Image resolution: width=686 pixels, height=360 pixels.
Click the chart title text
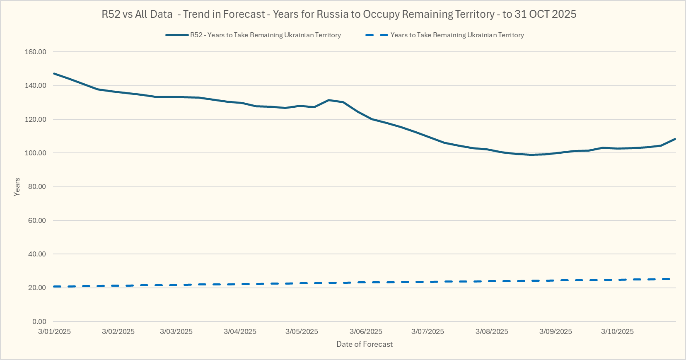(x=339, y=14)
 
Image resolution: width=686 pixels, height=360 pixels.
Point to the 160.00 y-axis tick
(x=36, y=52)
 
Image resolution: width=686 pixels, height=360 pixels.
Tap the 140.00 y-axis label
(x=36, y=86)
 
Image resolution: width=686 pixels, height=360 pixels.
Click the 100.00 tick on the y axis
(x=36, y=153)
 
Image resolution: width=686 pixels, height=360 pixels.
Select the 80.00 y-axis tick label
(x=37, y=187)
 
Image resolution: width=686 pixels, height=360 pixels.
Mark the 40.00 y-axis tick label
(x=37, y=254)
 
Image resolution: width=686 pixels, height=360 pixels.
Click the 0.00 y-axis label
(x=39, y=322)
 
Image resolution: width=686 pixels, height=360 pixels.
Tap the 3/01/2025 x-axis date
(x=54, y=331)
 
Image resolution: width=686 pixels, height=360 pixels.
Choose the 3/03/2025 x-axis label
(x=176, y=331)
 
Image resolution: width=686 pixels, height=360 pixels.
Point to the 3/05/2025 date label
(x=302, y=331)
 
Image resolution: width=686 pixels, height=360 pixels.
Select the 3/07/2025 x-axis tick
(x=428, y=331)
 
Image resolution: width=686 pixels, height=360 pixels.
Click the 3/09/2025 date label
(x=556, y=331)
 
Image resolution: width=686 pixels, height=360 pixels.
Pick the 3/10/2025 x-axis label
(x=617, y=331)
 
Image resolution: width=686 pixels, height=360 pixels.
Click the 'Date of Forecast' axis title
(x=365, y=344)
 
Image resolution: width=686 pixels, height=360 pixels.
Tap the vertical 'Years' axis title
(x=17, y=187)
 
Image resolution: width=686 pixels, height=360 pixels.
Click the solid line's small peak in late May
(x=329, y=100)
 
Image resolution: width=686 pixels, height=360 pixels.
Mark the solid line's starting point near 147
(x=54, y=73)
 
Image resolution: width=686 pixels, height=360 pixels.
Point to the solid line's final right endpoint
(x=675, y=139)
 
